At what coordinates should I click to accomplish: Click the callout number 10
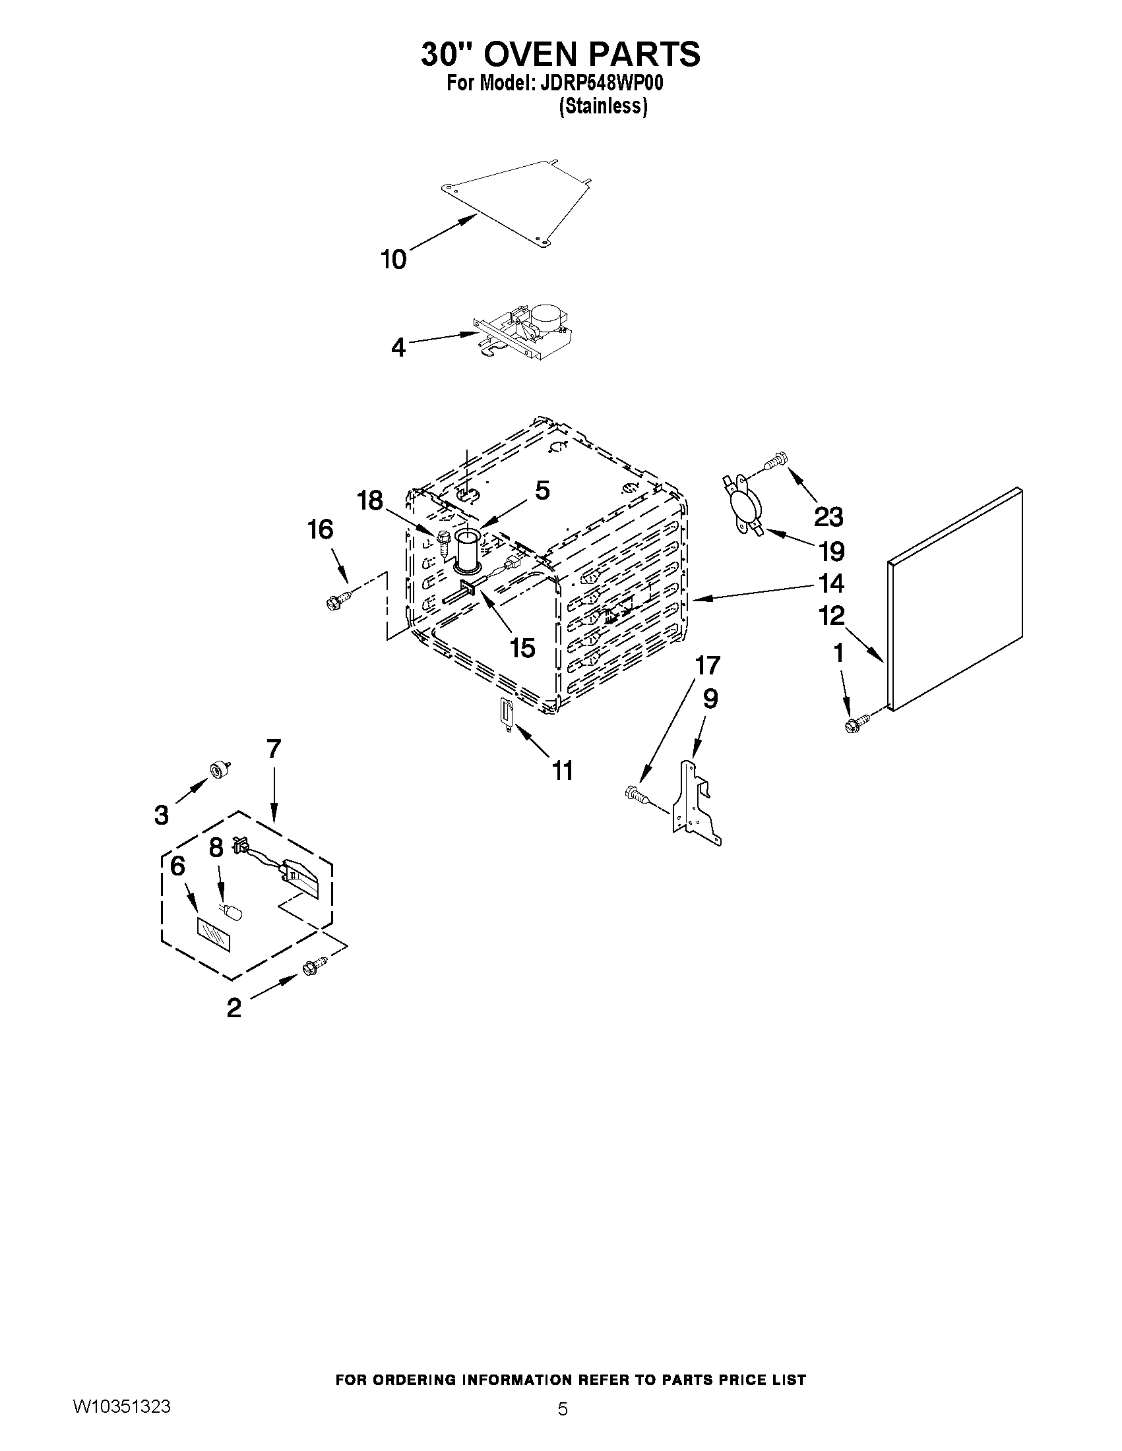(x=393, y=259)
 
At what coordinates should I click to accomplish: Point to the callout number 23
(x=828, y=516)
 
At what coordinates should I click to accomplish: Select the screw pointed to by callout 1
(x=857, y=723)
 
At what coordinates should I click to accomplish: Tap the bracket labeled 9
(x=695, y=806)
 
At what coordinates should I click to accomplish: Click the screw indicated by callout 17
(x=635, y=794)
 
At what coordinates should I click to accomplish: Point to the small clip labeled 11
(x=507, y=713)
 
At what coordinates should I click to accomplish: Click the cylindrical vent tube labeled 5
(x=469, y=550)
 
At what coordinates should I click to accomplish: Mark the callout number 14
(x=830, y=583)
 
